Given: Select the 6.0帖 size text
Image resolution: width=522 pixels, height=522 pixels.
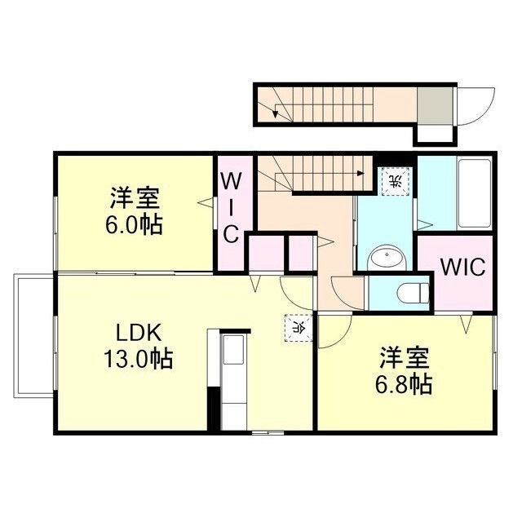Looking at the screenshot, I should tap(135, 223).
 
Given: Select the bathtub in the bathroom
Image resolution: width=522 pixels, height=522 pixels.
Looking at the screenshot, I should tap(474, 192).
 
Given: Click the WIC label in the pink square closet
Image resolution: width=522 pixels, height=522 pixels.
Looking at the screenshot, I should tap(462, 267).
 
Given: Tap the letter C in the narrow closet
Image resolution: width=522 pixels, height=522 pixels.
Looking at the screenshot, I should tap(231, 235).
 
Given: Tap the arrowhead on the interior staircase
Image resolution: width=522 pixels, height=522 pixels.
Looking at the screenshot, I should tap(360, 172).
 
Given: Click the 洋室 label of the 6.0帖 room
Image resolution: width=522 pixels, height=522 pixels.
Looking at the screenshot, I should tap(135, 198).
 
